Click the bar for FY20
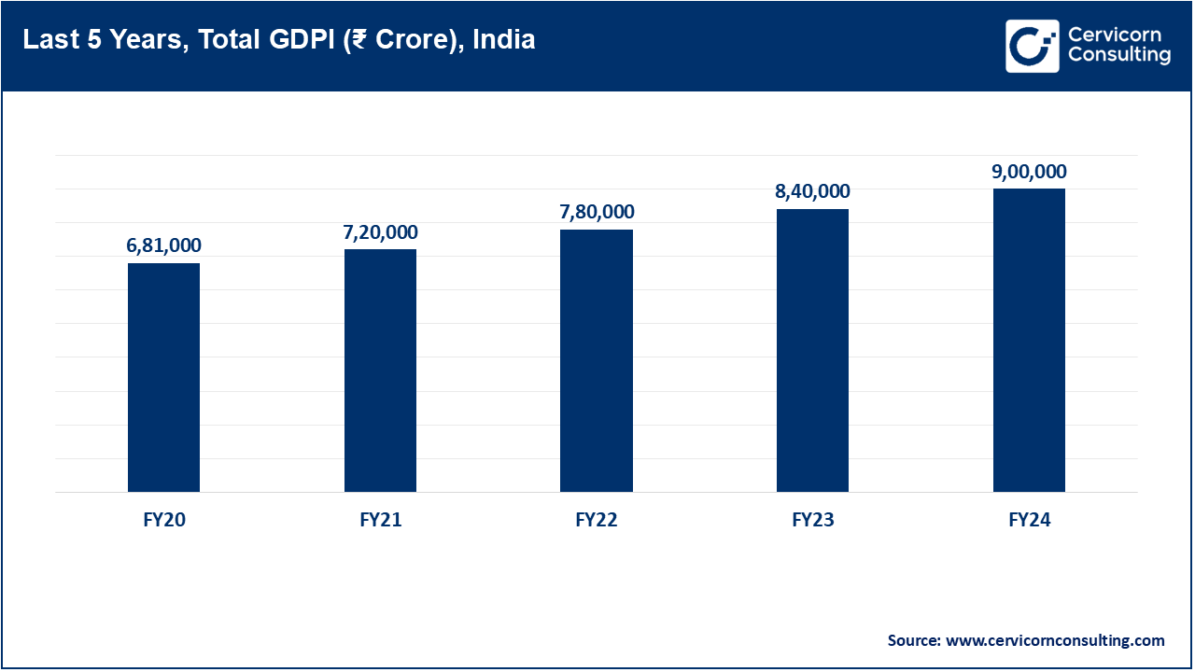click(163, 377)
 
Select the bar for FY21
click(380, 371)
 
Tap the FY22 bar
click(597, 360)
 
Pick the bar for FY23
click(812, 350)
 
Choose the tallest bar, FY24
click(1029, 340)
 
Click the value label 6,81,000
click(163, 245)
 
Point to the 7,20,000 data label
click(380, 232)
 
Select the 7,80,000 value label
click(597, 212)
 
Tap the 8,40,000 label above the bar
click(812, 191)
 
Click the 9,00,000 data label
click(1029, 172)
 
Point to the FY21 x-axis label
click(380, 521)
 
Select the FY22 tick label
click(597, 521)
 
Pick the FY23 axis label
click(812, 521)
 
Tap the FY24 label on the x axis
click(1029, 521)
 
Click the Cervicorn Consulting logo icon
click(1032, 46)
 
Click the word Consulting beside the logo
click(1118, 56)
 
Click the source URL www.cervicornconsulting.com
click(1055, 640)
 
